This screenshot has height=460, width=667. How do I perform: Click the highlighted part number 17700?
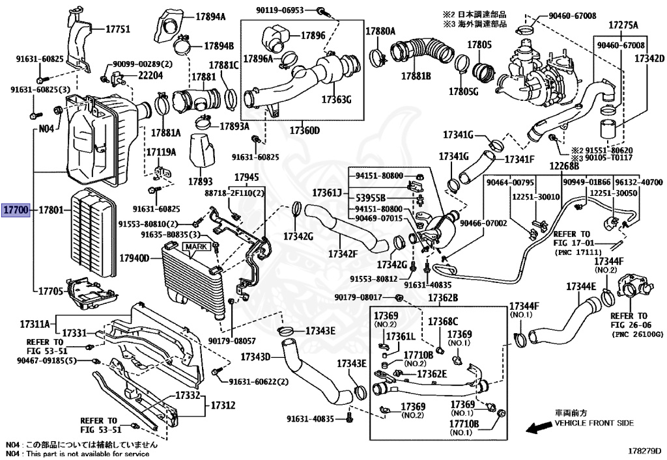point(15,210)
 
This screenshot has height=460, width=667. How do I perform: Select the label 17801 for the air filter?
point(50,210)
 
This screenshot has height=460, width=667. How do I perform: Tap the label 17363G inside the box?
point(336,100)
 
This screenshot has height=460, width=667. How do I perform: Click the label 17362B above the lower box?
point(443,298)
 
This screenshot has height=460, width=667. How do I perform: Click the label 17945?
point(246,177)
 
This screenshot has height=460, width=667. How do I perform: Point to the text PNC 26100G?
point(637,334)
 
